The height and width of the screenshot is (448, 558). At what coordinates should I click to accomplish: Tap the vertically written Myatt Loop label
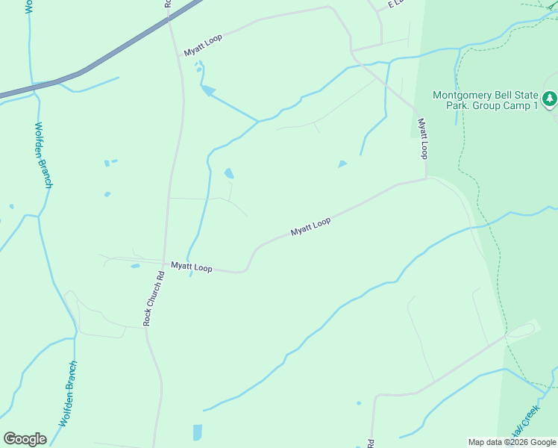[x=423, y=138]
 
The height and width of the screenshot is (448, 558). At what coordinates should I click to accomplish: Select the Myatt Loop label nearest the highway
[x=203, y=45]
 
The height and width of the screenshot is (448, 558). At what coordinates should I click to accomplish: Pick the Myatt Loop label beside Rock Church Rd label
[x=192, y=267]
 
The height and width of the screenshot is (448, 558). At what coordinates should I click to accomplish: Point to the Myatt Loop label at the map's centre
[x=310, y=226]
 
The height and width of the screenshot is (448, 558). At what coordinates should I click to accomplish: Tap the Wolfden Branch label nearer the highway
[x=43, y=155]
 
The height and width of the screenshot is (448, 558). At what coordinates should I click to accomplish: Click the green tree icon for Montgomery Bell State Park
[x=550, y=99]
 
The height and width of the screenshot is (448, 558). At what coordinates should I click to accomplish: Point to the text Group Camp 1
[x=513, y=106]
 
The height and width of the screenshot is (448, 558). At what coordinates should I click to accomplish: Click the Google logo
[x=25, y=438]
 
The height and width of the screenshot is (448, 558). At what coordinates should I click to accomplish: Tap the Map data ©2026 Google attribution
[x=512, y=442]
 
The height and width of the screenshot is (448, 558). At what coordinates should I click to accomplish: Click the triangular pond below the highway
[x=208, y=91]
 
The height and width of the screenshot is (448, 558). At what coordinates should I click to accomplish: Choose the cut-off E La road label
[x=395, y=4]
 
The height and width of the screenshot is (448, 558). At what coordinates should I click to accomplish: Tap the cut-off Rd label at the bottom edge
[x=371, y=444]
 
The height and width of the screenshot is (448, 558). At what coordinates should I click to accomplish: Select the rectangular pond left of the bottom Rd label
[x=197, y=432]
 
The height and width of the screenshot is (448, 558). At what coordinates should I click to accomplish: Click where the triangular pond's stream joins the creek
[x=258, y=121]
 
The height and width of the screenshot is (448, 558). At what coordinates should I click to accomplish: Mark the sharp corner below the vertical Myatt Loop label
[x=426, y=178]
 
